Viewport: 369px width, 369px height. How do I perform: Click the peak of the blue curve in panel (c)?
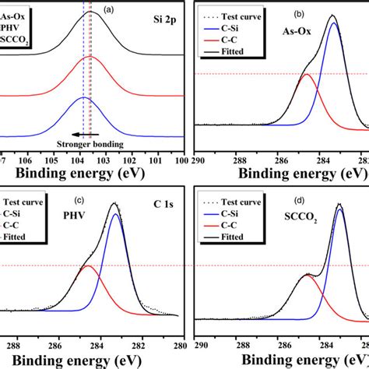point(116,214)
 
